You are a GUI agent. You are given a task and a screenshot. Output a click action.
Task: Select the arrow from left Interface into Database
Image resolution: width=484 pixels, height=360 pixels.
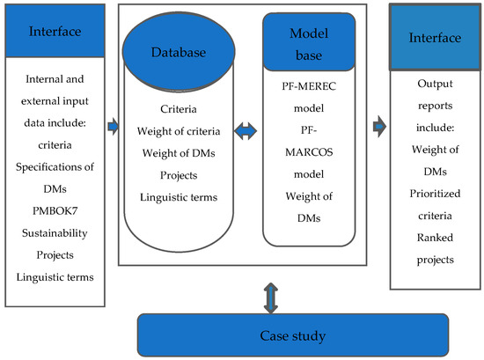pos(111,127)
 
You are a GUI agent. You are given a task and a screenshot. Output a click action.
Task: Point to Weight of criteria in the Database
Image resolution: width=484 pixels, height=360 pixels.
pos(180,131)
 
